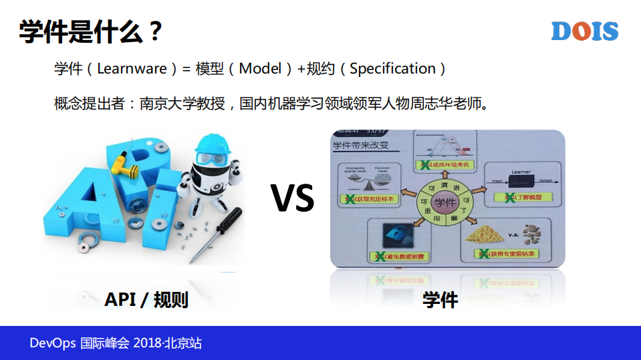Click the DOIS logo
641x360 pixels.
point(585,31)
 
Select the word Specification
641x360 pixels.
point(393,68)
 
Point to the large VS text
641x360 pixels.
point(292,198)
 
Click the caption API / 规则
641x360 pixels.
point(146,300)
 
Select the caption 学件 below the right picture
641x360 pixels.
point(440,300)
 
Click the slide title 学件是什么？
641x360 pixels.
point(91,31)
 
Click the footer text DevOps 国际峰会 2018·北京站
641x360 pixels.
point(116,343)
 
